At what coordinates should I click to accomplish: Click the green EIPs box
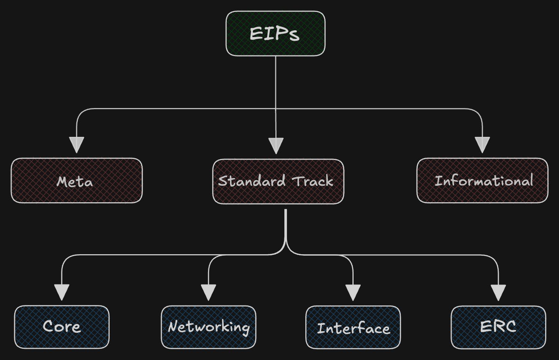(x=275, y=34)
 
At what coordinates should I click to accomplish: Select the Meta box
(x=77, y=181)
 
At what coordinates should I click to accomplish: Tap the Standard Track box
(x=278, y=182)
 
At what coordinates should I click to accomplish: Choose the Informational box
(x=482, y=181)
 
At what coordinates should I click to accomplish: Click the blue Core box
(x=62, y=327)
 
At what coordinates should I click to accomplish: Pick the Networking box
(x=208, y=327)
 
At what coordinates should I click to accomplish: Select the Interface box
(x=353, y=328)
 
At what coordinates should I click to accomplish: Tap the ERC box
(x=498, y=327)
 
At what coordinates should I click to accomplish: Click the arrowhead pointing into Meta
(x=76, y=144)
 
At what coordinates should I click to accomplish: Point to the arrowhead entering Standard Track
(x=276, y=145)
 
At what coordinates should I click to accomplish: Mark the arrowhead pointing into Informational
(x=482, y=144)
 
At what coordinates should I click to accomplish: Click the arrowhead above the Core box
(x=62, y=292)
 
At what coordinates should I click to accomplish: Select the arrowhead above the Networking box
(x=208, y=292)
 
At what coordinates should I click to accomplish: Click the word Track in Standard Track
(x=312, y=181)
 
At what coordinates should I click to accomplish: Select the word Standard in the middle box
(x=252, y=181)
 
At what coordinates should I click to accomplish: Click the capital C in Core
(x=48, y=326)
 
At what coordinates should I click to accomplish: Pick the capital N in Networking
(x=172, y=327)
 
